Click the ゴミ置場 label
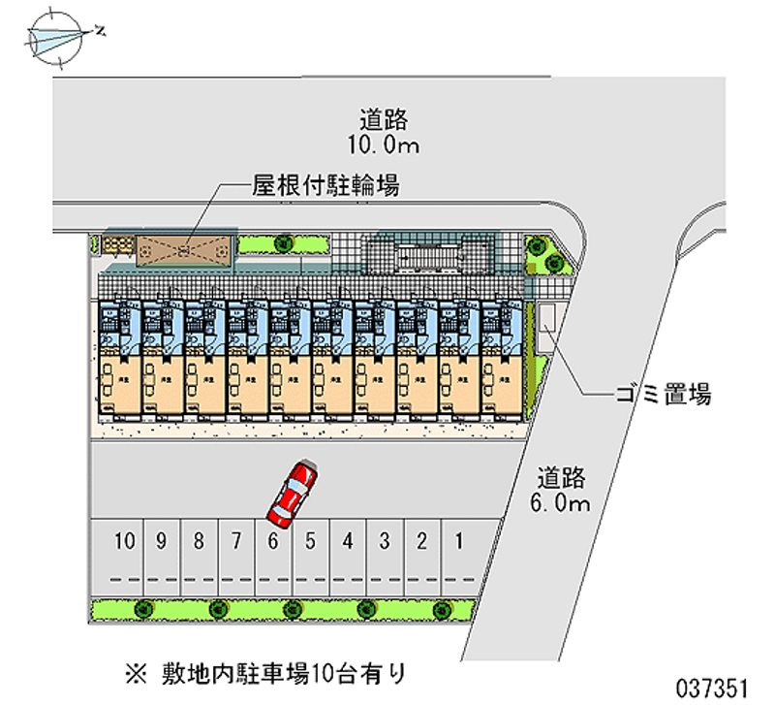point(664,395)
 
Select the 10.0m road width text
point(385,146)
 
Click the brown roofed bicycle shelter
point(184,249)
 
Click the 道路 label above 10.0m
point(385,121)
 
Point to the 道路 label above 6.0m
point(562,477)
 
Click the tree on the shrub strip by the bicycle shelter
point(283,243)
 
